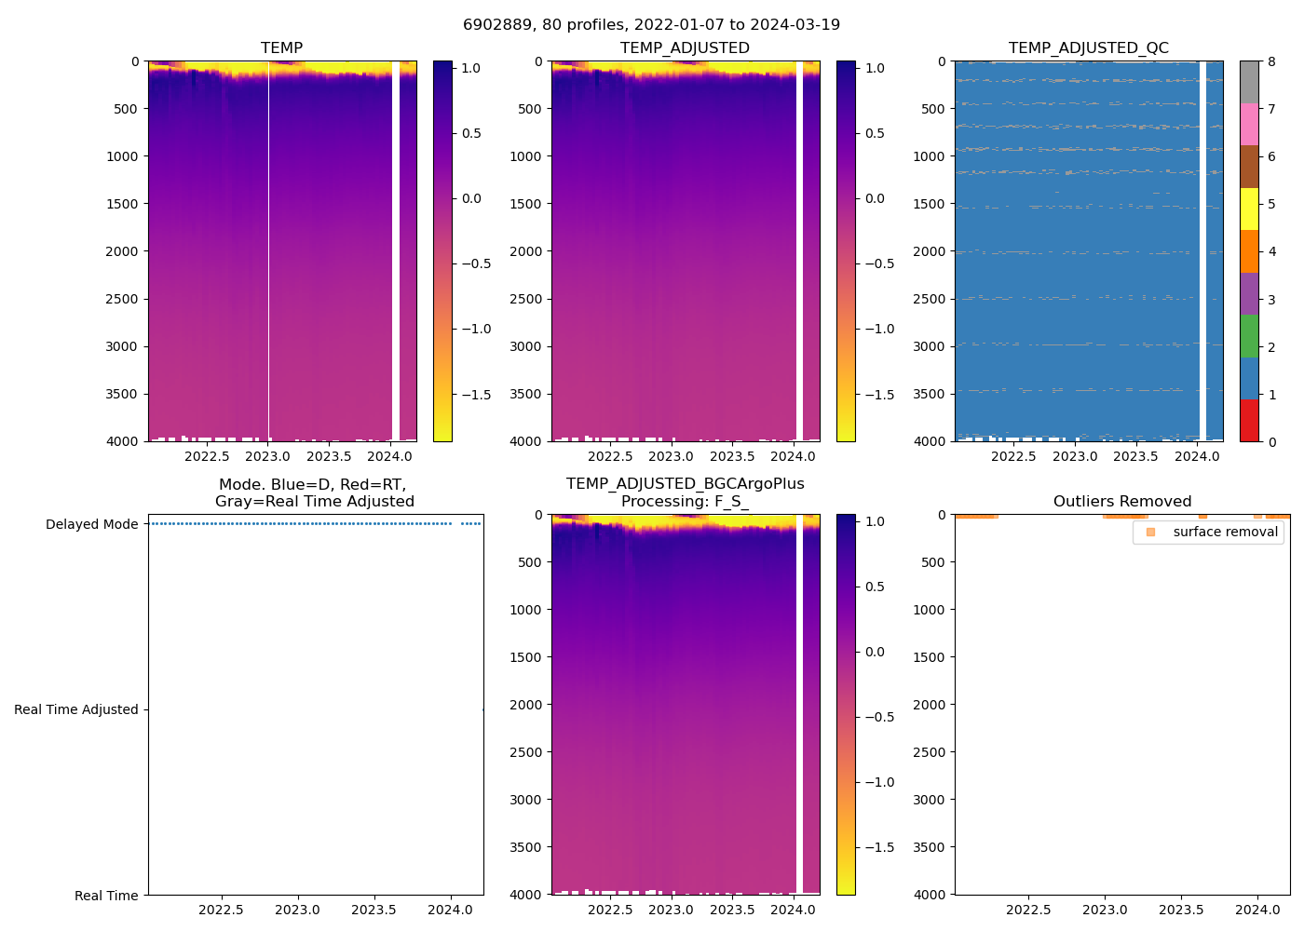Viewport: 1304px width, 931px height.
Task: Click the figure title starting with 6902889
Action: click(x=651, y=25)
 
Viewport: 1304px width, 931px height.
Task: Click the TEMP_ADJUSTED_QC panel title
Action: click(x=1088, y=48)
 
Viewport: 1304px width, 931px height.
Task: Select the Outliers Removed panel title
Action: click(x=1121, y=502)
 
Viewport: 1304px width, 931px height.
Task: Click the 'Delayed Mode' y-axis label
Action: click(x=91, y=524)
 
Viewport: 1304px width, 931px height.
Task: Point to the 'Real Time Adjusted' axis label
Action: click(x=75, y=709)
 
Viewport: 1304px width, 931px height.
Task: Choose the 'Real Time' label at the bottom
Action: click(x=106, y=896)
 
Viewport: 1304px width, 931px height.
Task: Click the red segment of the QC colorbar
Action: click(x=1248, y=420)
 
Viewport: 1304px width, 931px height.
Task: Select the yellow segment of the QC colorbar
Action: click(x=1248, y=209)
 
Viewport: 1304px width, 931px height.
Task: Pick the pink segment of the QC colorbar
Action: click(x=1248, y=124)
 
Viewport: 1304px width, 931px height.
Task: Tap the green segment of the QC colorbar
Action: click(x=1248, y=335)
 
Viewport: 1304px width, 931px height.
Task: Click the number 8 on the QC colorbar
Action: click(x=1272, y=61)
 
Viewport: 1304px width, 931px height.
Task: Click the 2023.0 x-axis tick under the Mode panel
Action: click(x=297, y=910)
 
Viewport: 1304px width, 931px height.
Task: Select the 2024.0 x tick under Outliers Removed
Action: click(x=1257, y=910)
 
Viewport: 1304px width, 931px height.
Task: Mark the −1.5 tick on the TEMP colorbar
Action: click(x=476, y=395)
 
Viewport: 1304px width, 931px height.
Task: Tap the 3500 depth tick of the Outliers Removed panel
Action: click(x=929, y=847)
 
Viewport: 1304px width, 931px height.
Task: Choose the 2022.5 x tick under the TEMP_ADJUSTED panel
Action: click(x=610, y=456)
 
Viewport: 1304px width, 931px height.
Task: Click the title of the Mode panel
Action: click(x=314, y=492)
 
